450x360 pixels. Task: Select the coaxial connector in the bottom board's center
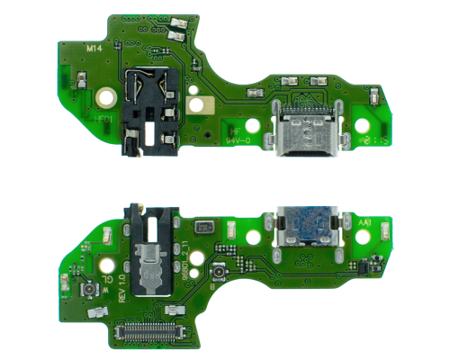click(216, 274)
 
